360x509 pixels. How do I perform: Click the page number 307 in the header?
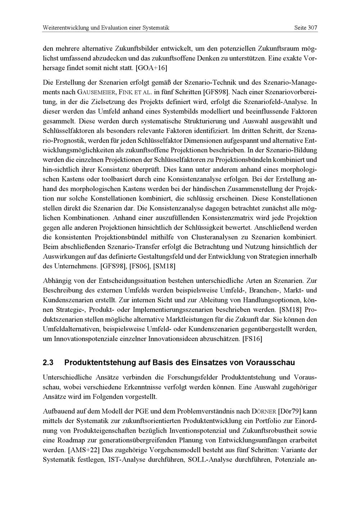[x=312, y=28]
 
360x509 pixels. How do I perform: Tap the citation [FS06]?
[x=139, y=266]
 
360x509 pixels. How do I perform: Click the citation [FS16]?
[x=252, y=339]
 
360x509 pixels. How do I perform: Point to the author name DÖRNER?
[x=264, y=411]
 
